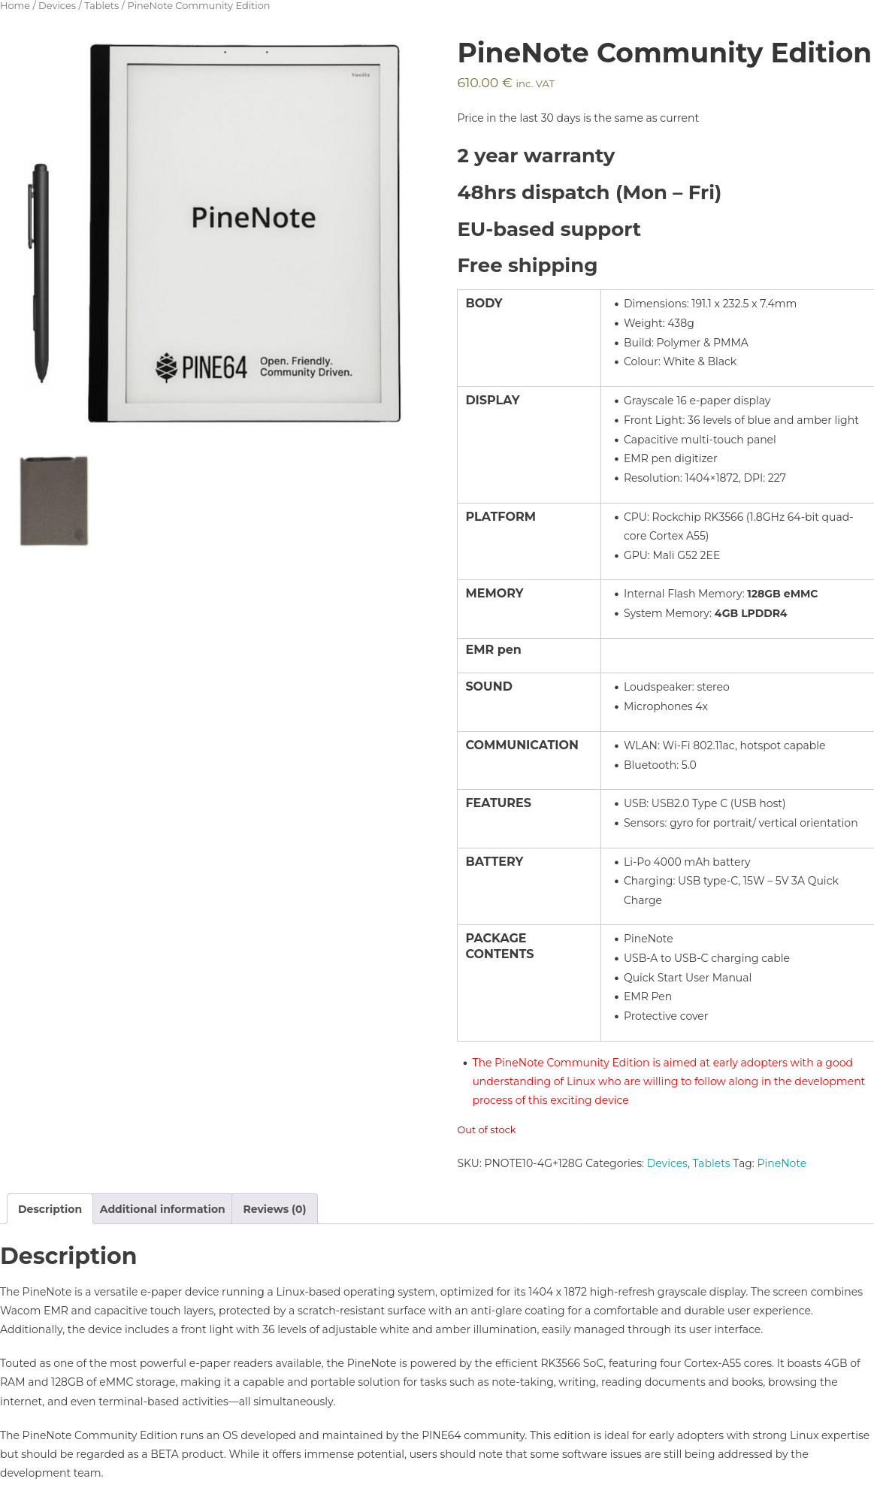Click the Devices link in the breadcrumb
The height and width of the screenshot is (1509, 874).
pyautogui.click(x=57, y=6)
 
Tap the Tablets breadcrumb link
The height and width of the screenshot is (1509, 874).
pyautogui.click(x=101, y=6)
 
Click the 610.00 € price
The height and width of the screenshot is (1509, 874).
pyautogui.click(x=485, y=83)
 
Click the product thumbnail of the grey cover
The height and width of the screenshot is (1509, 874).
pyautogui.click(x=54, y=500)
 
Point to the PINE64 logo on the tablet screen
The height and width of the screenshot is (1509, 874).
pyautogui.click(x=201, y=367)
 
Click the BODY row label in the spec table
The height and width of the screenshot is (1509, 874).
pyautogui.click(x=484, y=304)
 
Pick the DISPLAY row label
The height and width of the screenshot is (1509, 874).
pyautogui.click(x=492, y=401)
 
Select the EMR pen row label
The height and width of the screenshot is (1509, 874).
pyautogui.click(x=493, y=650)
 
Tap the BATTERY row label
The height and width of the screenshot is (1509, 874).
pyautogui.click(x=494, y=862)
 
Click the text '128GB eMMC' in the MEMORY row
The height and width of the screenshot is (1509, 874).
pyautogui.click(x=782, y=594)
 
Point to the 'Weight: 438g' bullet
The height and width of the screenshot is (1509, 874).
pyautogui.click(x=658, y=323)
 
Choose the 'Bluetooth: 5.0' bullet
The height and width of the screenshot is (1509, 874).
pyautogui.click(x=659, y=765)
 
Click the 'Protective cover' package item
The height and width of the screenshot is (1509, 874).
pyautogui.click(x=665, y=1016)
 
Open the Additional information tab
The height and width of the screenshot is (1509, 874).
pyautogui.click(x=162, y=1209)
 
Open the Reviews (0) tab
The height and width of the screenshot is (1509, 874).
pyautogui.click(x=274, y=1209)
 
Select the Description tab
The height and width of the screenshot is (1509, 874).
pyautogui.click(x=50, y=1209)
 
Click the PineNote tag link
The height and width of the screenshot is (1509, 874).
pyautogui.click(x=781, y=1163)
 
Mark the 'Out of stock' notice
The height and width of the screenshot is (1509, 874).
pyautogui.click(x=486, y=1130)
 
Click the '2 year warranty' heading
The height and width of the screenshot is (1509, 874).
pyautogui.click(x=536, y=156)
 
